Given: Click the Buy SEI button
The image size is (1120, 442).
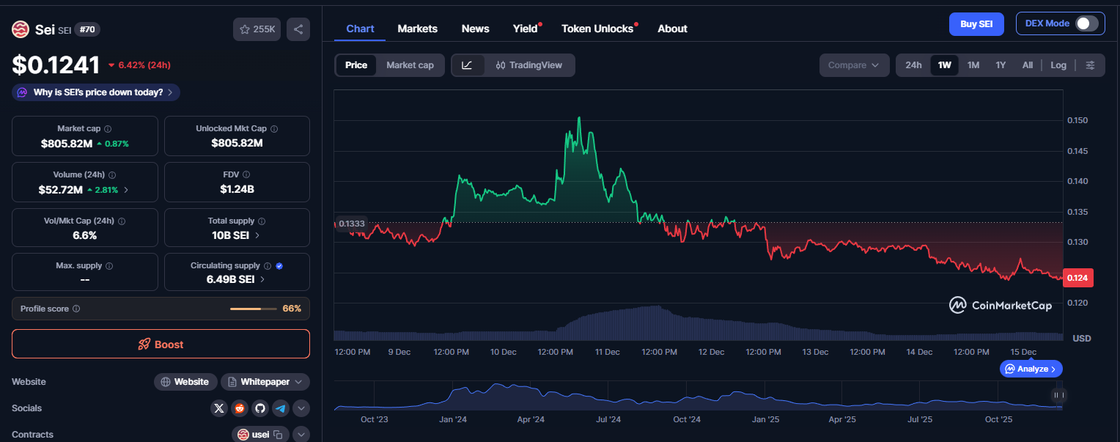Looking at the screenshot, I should [x=976, y=24].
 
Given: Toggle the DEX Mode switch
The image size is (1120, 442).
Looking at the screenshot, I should [x=1086, y=23].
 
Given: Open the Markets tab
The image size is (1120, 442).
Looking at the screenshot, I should [x=417, y=29].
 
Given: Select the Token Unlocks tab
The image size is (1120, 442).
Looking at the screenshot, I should [x=597, y=29].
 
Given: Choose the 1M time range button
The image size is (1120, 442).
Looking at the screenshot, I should [x=973, y=65].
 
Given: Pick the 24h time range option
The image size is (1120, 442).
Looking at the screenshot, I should [x=913, y=65].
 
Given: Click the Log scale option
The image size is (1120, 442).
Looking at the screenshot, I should [x=1058, y=65].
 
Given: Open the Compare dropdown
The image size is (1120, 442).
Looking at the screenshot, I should [x=854, y=65].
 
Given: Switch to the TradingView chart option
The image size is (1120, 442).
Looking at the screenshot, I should [x=528, y=65].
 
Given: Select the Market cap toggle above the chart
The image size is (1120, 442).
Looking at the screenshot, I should [x=410, y=65].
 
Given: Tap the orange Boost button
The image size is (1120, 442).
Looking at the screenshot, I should [x=161, y=345].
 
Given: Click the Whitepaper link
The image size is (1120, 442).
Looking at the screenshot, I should [x=265, y=382].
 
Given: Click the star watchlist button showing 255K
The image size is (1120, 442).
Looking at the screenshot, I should [x=257, y=29].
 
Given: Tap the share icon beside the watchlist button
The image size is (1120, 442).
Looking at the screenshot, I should [x=298, y=29].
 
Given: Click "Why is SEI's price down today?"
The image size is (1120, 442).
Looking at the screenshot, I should [x=96, y=92].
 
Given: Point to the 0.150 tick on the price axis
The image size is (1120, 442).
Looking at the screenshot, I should [x=1077, y=120].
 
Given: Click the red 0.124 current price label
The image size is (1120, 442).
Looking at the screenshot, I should [x=1077, y=278].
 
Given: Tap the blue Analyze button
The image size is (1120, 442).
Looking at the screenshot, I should [x=1031, y=369].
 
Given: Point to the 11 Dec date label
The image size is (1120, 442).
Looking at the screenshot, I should [x=608, y=352].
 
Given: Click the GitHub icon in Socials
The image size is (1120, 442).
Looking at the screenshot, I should [x=259, y=408].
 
